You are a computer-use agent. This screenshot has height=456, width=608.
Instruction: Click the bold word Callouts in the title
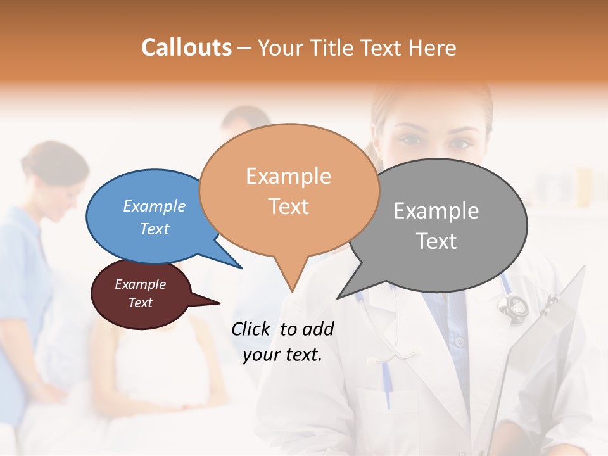pos(186,47)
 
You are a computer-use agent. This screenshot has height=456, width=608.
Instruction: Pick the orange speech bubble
pos(289,190)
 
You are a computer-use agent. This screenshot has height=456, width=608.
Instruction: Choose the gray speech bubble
pos(437,225)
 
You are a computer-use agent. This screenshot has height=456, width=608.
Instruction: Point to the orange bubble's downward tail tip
pos(292,291)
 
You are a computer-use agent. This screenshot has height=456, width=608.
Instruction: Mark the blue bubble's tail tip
pos(241,268)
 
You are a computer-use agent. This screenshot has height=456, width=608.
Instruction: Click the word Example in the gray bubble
pos(436,211)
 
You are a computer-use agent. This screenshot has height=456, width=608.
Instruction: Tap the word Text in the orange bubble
pos(289,206)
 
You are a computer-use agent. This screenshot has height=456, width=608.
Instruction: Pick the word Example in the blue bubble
pos(155,206)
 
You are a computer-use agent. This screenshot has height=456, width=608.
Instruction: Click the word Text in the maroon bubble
pos(141,303)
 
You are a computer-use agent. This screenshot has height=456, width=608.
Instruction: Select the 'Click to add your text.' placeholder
pos(282,342)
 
